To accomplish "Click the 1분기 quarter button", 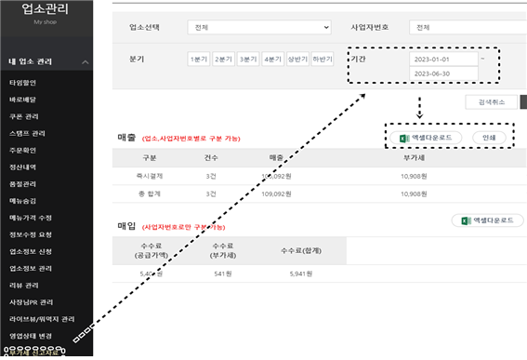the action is (x=199, y=59).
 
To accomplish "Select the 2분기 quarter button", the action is (x=224, y=59).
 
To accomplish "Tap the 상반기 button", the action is (x=297, y=59).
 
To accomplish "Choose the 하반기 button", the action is (x=322, y=59).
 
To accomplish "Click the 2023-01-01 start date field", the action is (x=441, y=59).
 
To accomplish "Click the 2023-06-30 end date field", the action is (x=441, y=73).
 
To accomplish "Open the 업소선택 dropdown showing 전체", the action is (x=258, y=28).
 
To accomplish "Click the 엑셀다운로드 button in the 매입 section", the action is (x=486, y=220).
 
